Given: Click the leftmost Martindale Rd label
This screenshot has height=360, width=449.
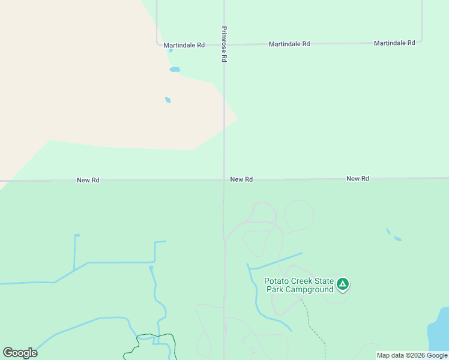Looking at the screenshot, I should click(x=184, y=45).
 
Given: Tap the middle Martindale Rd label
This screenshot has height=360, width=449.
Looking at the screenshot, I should click(x=289, y=44).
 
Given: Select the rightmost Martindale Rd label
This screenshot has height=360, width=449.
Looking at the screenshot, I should click(x=394, y=43).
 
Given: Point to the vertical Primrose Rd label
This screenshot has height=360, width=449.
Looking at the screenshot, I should click(x=224, y=44).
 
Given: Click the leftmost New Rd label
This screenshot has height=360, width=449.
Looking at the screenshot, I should click(x=88, y=180).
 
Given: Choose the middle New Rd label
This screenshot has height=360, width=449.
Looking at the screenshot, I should click(x=241, y=179).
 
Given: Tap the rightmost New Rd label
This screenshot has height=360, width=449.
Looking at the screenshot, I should click(x=358, y=179).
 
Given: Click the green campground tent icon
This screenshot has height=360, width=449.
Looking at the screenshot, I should click(x=342, y=284).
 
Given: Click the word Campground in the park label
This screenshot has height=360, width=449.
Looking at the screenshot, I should click(x=309, y=290).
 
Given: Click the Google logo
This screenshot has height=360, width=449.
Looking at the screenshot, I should click(x=20, y=353).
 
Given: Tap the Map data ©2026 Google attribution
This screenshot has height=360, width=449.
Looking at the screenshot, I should click(x=412, y=355).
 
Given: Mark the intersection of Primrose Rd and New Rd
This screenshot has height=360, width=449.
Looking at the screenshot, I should click(x=224, y=179).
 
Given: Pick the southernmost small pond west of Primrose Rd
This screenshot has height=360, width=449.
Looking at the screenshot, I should click(x=168, y=100).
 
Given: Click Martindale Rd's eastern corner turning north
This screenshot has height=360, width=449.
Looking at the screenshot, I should click(x=421, y=41).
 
